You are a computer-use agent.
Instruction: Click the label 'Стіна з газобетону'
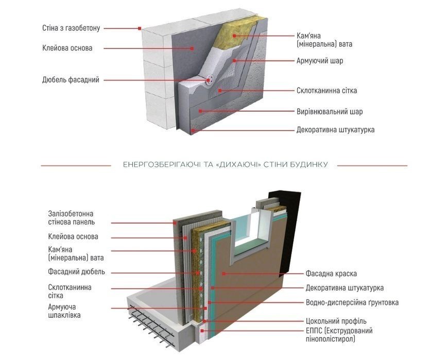coord(71,28)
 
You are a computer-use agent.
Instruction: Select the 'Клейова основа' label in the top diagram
coord(67,48)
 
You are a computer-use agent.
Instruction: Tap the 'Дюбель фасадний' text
coord(71,80)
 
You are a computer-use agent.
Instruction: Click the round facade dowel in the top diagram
coord(210,80)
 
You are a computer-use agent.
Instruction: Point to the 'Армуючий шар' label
coord(320,61)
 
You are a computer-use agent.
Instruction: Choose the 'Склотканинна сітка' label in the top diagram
coord(326,91)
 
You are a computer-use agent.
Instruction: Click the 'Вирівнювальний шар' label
coord(330,111)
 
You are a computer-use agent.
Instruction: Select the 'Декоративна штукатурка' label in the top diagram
coord(335,130)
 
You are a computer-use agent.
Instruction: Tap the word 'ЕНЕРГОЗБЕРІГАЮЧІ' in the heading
coord(161,165)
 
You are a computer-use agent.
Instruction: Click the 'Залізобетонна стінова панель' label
coord(71,218)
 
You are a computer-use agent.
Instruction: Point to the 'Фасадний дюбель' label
coord(76,271)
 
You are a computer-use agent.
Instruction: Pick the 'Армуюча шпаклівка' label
coord(64,311)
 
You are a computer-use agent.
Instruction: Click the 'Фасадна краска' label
coord(331,273)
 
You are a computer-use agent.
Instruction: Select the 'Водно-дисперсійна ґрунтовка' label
coord(352,302)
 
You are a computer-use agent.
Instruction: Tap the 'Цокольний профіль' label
coord(336,321)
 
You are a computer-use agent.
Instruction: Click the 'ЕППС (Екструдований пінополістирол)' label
coord(339,335)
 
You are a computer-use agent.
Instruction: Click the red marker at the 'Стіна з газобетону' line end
coord(140,28)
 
